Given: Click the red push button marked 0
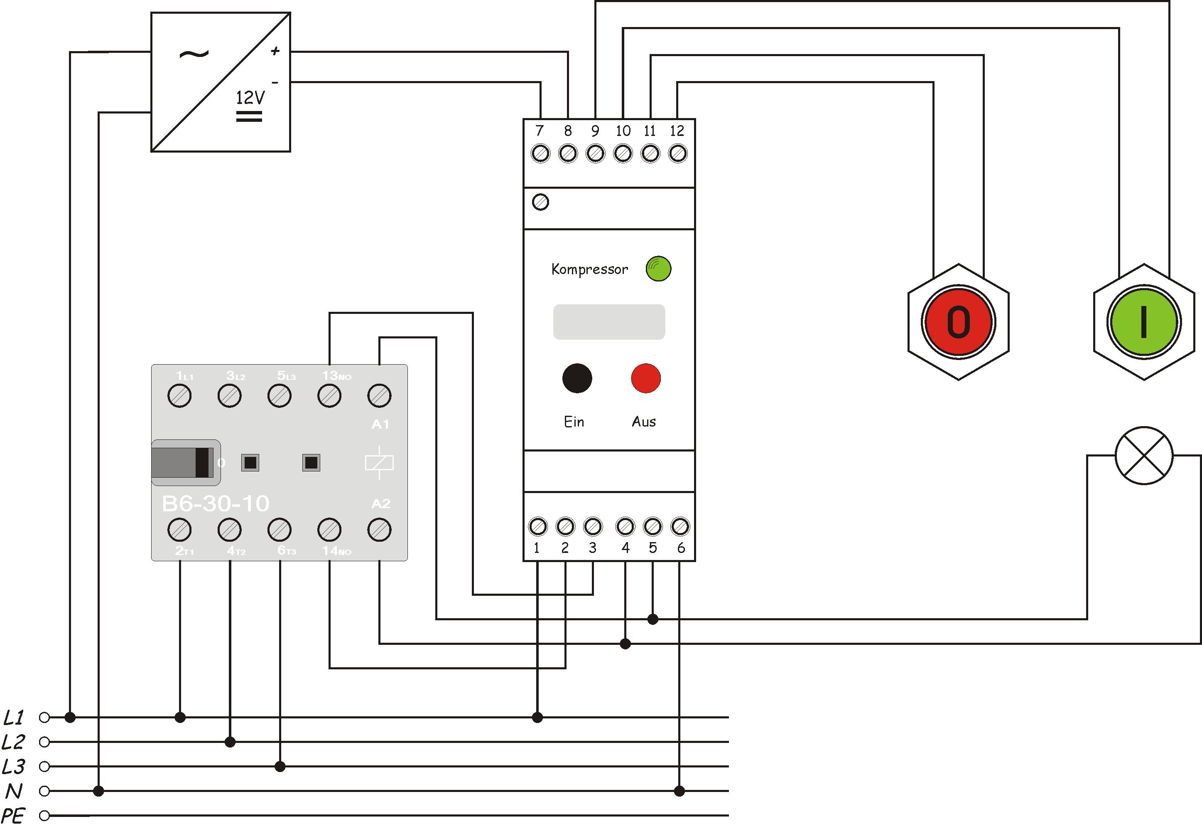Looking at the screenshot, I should point(958,322).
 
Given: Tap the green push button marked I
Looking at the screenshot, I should point(1143,322).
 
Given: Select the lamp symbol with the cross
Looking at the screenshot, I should point(1144,456).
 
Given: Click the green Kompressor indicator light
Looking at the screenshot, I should point(658,269).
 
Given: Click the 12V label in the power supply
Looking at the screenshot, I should point(250,97).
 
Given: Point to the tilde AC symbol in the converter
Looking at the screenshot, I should point(194,54).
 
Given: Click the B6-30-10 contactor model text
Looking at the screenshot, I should point(216,503).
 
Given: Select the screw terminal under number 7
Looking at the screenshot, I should point(540,154).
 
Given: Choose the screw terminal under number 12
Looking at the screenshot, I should point(677,154).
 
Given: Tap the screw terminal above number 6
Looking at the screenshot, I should point(679,526).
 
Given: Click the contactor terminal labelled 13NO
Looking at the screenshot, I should point(329,396).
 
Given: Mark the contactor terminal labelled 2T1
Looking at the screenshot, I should point(179,530).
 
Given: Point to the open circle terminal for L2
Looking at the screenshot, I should point(44,742).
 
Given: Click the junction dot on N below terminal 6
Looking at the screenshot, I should point(679,791).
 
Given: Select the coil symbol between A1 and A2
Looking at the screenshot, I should point(379,463).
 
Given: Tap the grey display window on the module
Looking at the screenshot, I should point(609,322).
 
